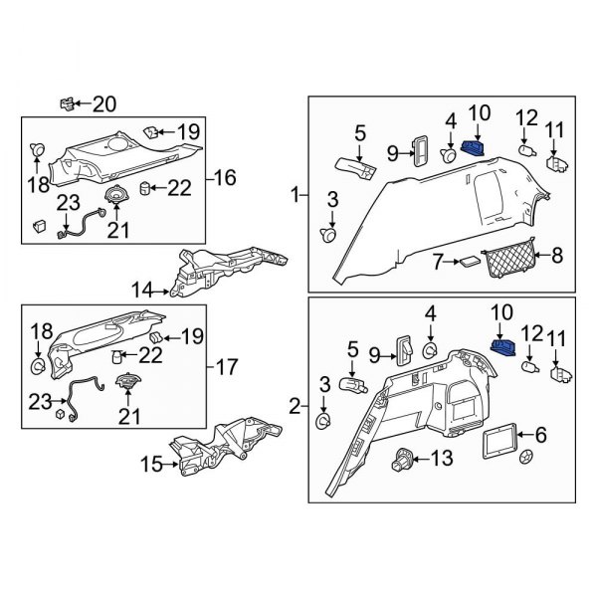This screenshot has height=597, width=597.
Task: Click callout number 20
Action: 104,103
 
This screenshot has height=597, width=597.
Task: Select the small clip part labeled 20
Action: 68,101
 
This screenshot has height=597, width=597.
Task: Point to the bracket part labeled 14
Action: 224,272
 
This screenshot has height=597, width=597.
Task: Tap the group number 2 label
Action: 295,405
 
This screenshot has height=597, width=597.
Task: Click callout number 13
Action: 442,459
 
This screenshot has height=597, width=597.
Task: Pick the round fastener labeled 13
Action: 405,459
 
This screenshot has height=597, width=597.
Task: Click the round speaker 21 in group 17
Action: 127,382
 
